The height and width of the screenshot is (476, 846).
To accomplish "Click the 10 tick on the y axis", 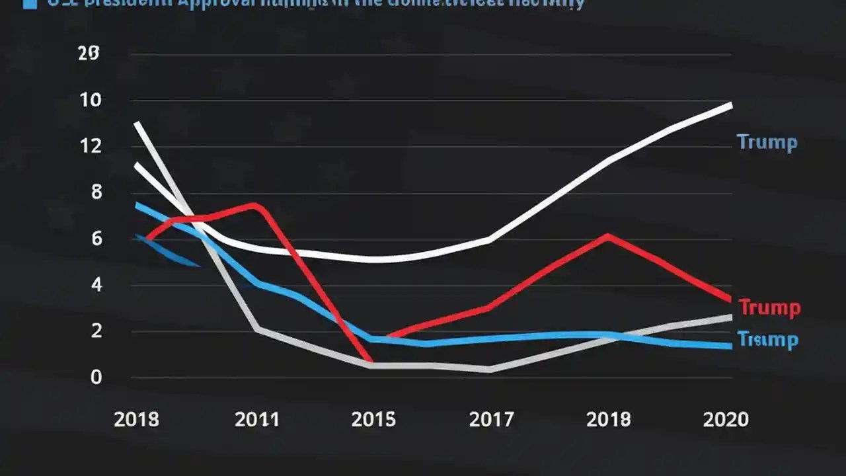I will (x=91, y=101).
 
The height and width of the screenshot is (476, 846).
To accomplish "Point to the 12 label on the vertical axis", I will (x=91, y=147).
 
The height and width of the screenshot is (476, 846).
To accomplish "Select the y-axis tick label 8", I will (x=96, y=193).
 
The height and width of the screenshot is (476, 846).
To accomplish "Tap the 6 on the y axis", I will (x=96, y=239).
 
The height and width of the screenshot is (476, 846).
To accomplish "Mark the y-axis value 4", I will (x=96, y=286).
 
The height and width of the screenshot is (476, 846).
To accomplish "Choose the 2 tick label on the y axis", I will (x=96, y=331).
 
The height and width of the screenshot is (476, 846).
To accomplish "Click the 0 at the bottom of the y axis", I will (x=96, y=377).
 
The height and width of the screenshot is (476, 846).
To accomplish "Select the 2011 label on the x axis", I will (x=256, y=420).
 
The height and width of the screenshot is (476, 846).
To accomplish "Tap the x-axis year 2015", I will (x=373, y=420).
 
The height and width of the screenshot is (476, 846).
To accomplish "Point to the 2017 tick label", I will (x=491, y=420).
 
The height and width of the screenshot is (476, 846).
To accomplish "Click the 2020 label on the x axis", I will (x=726, y=420).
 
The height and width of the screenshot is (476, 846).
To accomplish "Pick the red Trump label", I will (x=769, y=307).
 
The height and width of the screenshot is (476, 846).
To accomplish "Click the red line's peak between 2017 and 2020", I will (x=607, y=235).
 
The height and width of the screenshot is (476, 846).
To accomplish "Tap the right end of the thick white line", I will (x=730, y=104).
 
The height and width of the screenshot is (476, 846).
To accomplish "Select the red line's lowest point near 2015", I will (x=370, y=361).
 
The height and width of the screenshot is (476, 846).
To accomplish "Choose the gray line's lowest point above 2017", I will (x=489, y=370).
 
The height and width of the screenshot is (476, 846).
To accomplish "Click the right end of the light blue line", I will (x=730, y=346).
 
